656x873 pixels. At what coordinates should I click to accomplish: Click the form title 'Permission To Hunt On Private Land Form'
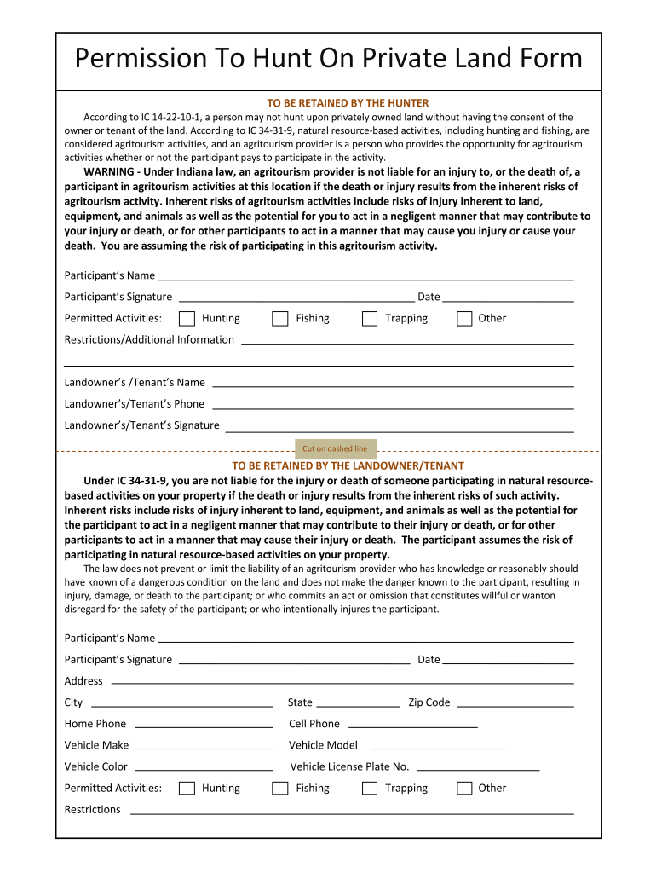tap(328, 59)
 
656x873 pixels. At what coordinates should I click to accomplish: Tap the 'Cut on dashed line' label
tap(335, 448)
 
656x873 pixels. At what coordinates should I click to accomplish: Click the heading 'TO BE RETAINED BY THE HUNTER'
tap(348, 103)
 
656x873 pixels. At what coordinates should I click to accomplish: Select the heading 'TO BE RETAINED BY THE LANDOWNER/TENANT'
tap(348, 465)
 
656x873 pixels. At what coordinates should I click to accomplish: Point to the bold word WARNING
tap(112, 172)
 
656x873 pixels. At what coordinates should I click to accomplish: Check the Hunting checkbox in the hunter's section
tap(187, 319)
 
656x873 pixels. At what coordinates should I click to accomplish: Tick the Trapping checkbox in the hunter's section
tap(369, 319)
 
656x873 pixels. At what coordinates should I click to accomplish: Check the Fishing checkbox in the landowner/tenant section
tap(279, 789)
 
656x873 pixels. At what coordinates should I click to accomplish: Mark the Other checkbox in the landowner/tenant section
tap(464, 789)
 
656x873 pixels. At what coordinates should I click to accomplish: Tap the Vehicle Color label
tap(96, 766)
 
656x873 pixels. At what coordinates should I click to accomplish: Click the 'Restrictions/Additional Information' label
tap(149, 339)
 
